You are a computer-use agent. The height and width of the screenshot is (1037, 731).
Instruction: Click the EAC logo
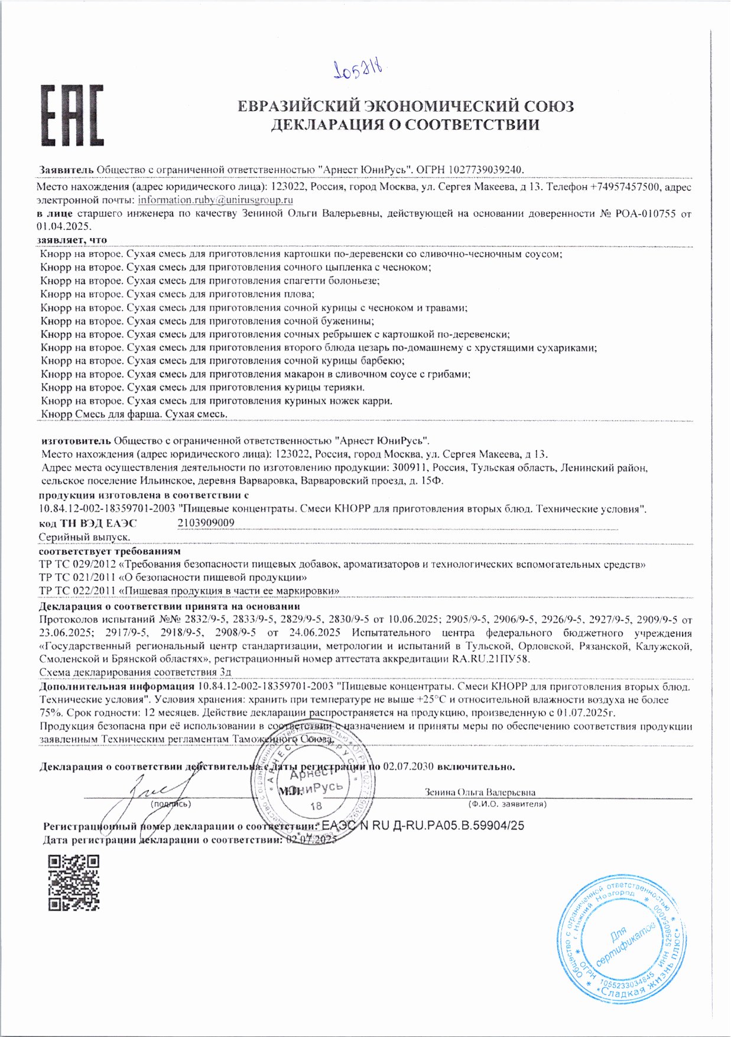point(72,116)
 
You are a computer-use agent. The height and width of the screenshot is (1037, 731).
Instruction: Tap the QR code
point(73,882)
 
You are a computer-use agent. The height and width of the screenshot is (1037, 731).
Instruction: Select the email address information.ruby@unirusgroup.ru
point(216,200)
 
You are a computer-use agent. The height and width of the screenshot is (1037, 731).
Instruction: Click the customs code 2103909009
point(206,522)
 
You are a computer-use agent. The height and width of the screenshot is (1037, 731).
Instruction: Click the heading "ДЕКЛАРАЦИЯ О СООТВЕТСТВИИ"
point(405,125)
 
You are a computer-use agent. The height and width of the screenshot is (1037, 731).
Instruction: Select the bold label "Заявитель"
point(66,170)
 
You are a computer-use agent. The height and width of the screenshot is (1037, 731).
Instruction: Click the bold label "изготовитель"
point(76,440)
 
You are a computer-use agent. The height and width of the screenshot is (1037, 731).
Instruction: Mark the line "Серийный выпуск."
point(84,537)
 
